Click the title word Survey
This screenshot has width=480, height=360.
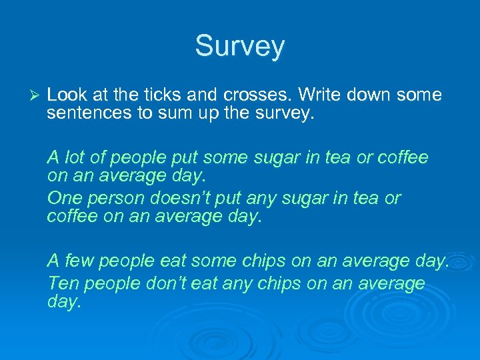(239, 47)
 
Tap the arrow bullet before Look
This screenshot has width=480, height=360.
(37, 95)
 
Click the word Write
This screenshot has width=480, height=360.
(317, 95)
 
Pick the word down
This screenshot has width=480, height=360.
(371, 95)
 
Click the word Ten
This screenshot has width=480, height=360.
(63, 283)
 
